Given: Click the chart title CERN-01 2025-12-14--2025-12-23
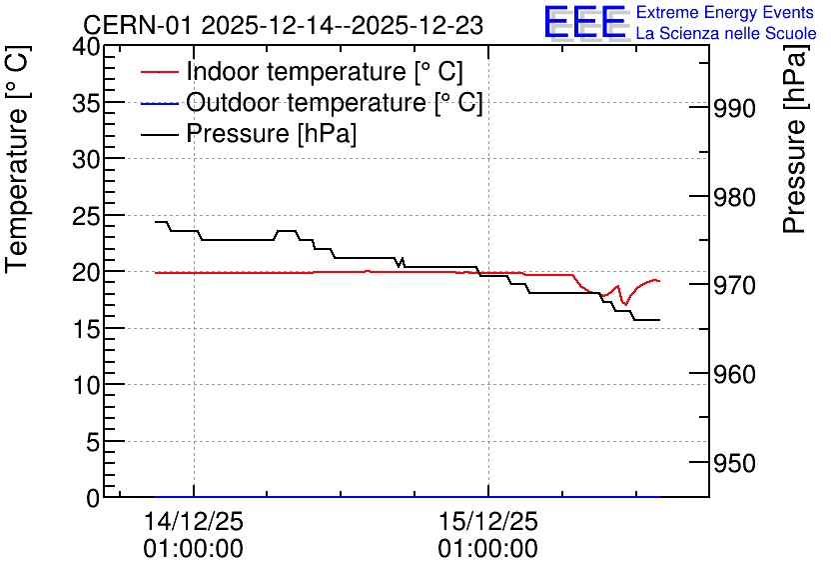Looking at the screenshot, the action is [x=284, y=25].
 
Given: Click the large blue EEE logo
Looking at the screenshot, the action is [x=585, y=22].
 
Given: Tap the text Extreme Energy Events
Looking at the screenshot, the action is [x=725, y=12].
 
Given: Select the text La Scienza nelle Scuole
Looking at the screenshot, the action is [x=726, y=33].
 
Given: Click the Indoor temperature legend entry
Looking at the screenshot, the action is [x=302, y=71].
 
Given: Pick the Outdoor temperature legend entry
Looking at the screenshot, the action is [x=312, y=102].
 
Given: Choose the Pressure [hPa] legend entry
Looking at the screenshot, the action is [x=249, y=133].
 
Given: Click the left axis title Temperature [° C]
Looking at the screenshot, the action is [x=17, y=159].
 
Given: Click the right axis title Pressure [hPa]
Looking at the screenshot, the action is [x=794, y=139].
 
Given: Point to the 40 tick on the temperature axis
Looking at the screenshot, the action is [x=86, y=47].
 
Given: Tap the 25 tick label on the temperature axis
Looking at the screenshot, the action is [x=86, y=216].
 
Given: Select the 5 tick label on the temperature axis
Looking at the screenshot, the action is [x=93, y=441].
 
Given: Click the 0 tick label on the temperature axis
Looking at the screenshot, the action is [x=93, y=498].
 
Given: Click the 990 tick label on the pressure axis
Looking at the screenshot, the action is [x=734, y=109].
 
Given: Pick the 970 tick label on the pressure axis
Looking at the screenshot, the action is [x=734, y=286].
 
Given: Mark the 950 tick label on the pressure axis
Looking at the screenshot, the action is [x=734, y=463].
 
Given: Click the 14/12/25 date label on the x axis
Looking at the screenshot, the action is [x=194, y=521].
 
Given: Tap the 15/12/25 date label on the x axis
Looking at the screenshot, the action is [x=488, y=521].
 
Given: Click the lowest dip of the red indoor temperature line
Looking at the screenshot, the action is [x=625, y=304].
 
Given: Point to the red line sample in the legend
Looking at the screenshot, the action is [x=159, y=72].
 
